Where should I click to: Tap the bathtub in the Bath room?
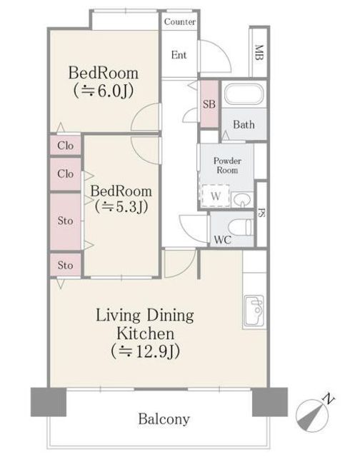pos(244,94)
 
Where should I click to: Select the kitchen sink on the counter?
pos(254,311)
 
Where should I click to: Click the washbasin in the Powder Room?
pos(242,200)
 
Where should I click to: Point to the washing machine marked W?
pos(216,196)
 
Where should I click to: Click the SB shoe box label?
pos(209,104)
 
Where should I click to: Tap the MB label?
pos(259,52)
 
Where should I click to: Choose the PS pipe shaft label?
pos(261,213)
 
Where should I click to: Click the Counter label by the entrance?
pos(179,21)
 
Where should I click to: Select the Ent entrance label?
pos(179,55)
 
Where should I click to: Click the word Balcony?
pos(164,419)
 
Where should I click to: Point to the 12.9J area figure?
pos(145,351)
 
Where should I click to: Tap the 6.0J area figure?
pos(103,91)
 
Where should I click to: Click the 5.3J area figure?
pos(121,206)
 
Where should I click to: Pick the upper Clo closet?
pos(65,145)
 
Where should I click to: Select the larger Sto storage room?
pos(65,221)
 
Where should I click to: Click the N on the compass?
pos(329,398)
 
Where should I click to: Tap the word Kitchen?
pos(145,333)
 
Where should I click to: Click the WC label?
pos(222,240)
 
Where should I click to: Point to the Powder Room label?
pos(227,165)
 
